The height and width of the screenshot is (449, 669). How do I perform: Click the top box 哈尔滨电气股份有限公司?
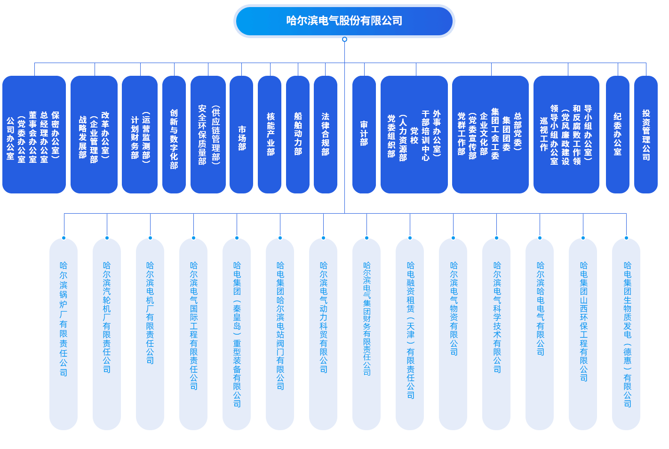[344, 21]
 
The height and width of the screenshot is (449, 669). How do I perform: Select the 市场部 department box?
[241, 135]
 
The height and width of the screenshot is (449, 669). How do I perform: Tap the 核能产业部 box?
[270, 135]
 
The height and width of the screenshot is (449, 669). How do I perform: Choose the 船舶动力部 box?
[298, 135]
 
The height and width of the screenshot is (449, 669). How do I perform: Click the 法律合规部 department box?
[326, 135]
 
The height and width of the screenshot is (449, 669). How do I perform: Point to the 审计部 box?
[364, 135]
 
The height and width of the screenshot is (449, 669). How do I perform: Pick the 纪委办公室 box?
[618, 135]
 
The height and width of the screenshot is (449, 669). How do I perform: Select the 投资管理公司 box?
[646, 135]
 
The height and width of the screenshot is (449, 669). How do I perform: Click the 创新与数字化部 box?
[174, 135]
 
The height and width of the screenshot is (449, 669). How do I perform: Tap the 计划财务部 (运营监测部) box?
[140, 135]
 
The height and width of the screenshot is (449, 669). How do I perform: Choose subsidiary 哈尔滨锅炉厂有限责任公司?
[64, 334]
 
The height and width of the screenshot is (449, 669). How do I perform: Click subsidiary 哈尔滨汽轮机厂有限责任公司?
[107, 334]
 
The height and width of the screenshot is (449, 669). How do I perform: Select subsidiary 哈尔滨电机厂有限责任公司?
[150, 334]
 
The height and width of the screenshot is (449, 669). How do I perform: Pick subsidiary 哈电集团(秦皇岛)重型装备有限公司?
[237, 334]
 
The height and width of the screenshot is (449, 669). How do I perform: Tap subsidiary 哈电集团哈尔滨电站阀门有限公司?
[280, 334]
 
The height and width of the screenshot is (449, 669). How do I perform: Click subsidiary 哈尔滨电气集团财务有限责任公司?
[366, 334]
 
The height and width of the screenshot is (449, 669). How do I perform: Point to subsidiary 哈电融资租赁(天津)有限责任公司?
[410, 334]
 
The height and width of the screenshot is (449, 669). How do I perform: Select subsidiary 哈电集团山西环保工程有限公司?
[583, 334]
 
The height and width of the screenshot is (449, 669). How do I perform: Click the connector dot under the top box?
[344, 40]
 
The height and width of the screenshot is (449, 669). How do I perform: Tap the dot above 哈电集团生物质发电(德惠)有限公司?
[626, 238]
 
